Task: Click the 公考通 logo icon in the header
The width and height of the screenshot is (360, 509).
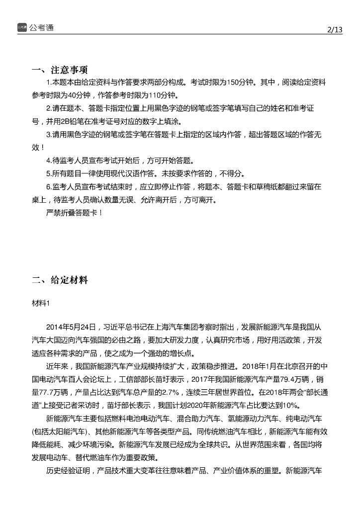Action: [x=22, y=27]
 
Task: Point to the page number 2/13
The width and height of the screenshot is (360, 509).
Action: [x=335, y=30]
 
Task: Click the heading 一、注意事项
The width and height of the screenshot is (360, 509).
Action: [x=60, y=69]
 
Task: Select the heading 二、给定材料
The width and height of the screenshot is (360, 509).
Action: [x=60, y=280]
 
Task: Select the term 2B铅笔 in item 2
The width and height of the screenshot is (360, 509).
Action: [x=72, y=121]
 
